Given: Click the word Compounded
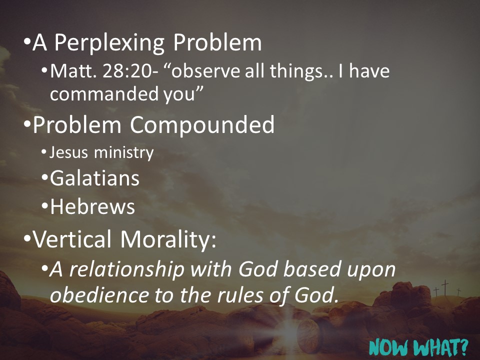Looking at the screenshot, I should (x=202, y=125).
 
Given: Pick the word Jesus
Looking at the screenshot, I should (x=64, y=152).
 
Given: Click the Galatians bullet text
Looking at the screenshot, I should (x=94, y=178).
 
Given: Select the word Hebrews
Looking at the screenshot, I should (x=92, y=206).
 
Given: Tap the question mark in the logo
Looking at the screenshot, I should (x=463, y=344).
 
